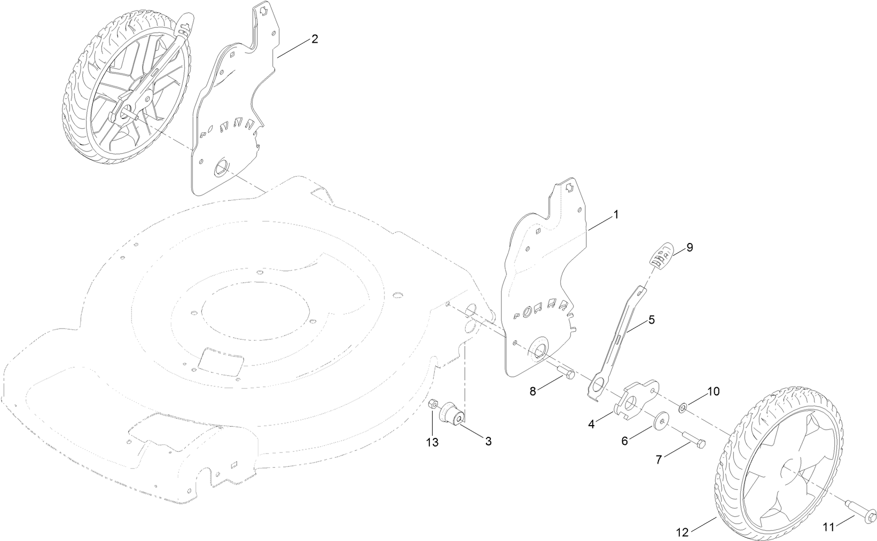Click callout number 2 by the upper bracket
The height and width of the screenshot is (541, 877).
coord(315,39)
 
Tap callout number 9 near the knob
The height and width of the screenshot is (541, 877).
coord(690,247)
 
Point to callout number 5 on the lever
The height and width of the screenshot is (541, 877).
coord(651,320)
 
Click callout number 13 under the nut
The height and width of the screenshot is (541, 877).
coord(432,442)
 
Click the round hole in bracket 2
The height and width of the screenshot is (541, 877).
coord(221,169)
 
